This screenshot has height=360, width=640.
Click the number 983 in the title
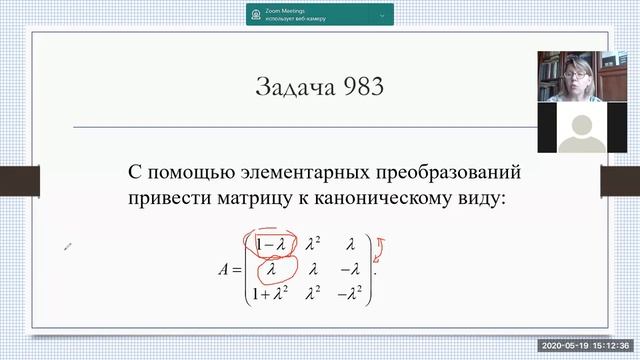tap(361, 88)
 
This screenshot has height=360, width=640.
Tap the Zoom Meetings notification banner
tap(319, 14)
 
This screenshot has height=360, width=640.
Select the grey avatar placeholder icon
tap(582, 130)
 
